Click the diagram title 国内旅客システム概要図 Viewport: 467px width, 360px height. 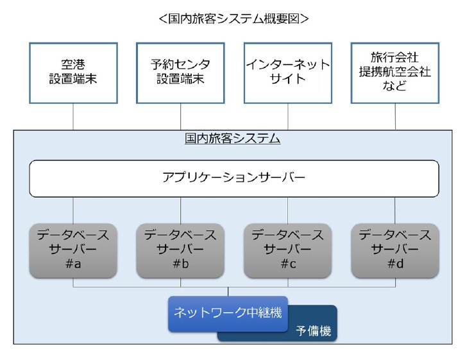point(234,19)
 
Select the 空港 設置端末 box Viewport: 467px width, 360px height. point(73,73)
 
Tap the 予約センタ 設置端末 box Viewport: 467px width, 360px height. point(180,73)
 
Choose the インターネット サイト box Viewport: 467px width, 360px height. point(287,73)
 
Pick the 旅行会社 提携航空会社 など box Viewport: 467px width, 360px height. point(395,73)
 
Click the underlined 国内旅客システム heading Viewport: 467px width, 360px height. point(232,139)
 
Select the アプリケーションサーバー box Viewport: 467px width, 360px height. point(234,178)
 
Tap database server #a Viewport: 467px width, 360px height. point(73,251)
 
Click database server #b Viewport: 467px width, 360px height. point(180,251)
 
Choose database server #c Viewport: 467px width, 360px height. point(287,251)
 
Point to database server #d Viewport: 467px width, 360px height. point(395,251)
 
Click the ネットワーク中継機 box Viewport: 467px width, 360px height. point(228,314)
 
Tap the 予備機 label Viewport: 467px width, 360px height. point(313,330)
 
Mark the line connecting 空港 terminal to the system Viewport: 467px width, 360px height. point(73,117)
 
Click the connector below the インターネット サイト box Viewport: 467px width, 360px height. point(287,117)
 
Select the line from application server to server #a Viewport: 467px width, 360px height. point(73,210)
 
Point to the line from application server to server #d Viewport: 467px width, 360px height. point(395,210)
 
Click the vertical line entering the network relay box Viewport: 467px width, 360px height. point(228,292)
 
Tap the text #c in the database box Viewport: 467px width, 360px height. point(288,264)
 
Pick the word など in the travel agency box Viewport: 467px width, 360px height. point(395,86)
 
